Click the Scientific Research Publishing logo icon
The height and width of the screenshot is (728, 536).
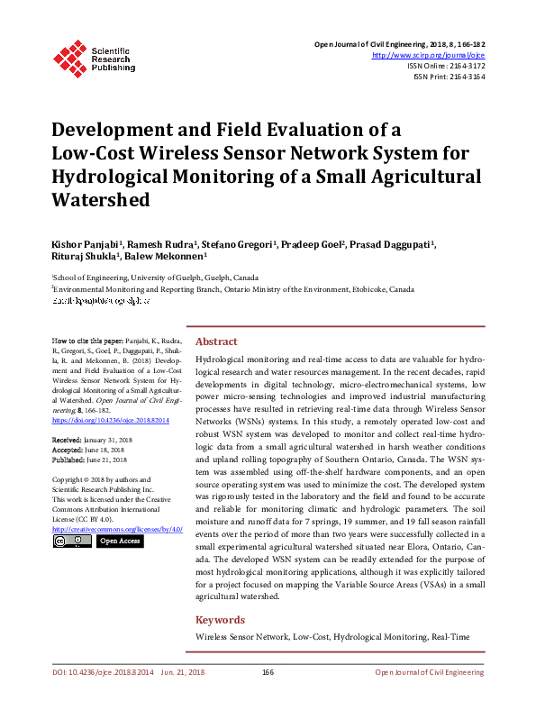pyautogui.click(x=68, y=56)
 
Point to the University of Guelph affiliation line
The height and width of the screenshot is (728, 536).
pyautogui.click(x=155, y=278)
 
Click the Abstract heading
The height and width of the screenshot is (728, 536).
pyautogui.click(x=216, y=342)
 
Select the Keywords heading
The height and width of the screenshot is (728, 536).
pyautogui.click(x=220, y=620)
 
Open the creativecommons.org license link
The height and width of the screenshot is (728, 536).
pyautogui.click(x=118, y=529)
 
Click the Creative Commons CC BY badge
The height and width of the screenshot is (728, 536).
pyautogui.click(x=72, y=541)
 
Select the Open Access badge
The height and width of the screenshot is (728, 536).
pyautogui.click(x=119, y=541)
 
